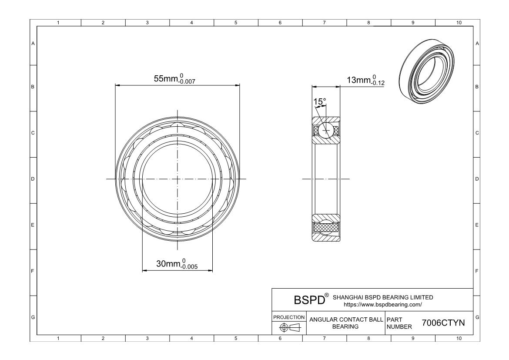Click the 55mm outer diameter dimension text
click(x=174, y=79)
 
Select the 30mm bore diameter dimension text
click(x=177, y=264)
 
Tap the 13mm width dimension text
click(x=365, y=80)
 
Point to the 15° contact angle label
click(x=319, y=102)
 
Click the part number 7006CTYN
click(x=443, y=323)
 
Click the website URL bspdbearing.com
click(x=383, y=305)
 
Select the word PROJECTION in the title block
click(x=289, y=317)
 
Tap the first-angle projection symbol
click(x=290, y=327)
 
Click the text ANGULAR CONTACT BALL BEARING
click(x=346, y=323)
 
